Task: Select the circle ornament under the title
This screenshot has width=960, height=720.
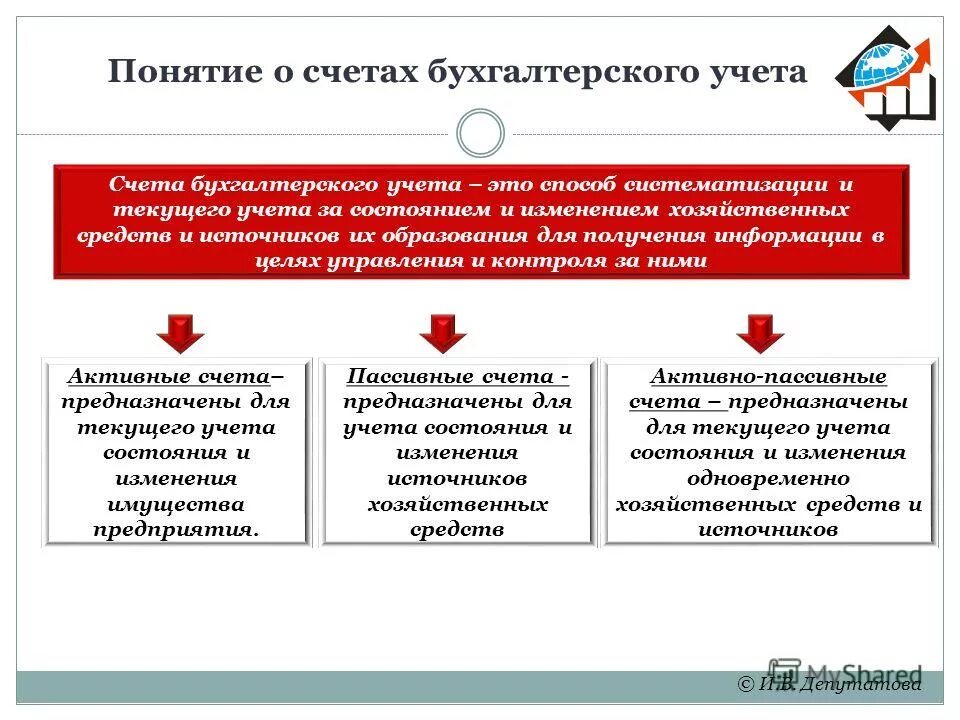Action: coord(480,133)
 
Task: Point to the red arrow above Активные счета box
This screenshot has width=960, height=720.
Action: coord(180,332)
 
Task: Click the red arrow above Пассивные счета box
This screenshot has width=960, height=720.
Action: coord(443,332)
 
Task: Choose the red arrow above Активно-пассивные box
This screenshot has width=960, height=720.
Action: coord(761,332)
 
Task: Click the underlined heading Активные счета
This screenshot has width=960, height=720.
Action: coord(168,377)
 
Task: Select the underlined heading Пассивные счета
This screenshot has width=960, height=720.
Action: coord(455,377)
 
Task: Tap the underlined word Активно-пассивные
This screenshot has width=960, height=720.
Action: coord(768,377)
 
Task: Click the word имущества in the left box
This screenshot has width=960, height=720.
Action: coord(175,504)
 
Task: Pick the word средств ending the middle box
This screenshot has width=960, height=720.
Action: coord(457,529)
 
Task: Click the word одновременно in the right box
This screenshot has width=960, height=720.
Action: coord(768,478)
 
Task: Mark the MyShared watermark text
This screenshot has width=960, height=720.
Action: coord(860,673)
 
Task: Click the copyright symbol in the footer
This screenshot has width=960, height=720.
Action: coord(745,684)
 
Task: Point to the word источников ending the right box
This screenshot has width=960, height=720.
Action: coord(768,529)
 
